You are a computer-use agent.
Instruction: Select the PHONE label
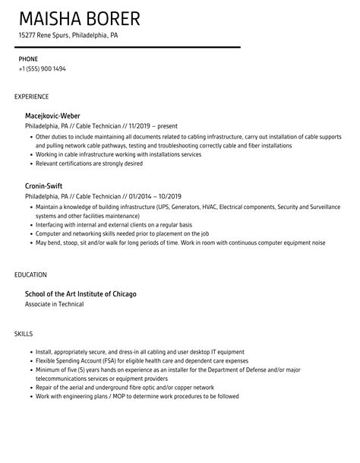pos(28,59)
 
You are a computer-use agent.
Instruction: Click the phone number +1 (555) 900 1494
pos(42,68)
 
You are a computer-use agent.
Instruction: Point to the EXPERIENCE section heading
pos(32,97)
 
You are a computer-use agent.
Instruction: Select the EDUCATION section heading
pos(31,274)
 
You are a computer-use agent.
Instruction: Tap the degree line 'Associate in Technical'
pos(54,304)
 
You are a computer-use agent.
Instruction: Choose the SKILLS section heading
pos(24,333)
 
